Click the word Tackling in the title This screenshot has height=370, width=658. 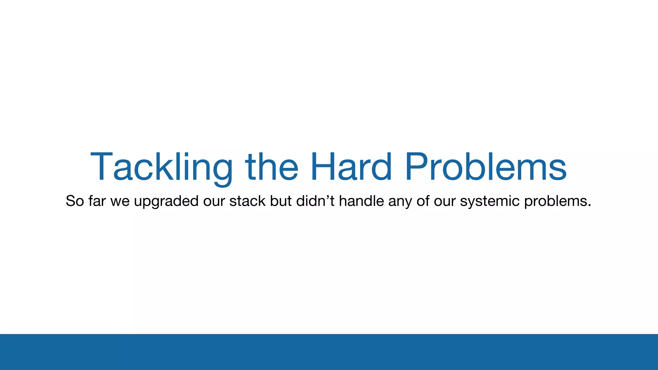(x=161, y=167)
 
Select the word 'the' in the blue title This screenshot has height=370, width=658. (x=272, y=167)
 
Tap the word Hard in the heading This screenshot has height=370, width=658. (x=351, y=167)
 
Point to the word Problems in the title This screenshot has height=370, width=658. (x=485, y=167)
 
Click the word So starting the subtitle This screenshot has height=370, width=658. (x=75, y=201)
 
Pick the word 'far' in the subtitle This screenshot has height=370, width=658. (x=97, y=201)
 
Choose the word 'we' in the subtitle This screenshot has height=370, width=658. (x=120, y=201)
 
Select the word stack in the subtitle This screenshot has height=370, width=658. (x=247, y=201)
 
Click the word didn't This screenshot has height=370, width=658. (x=315, y=201)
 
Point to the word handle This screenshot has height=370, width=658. (x=361, y=201)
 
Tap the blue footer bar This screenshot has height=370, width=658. (x=329, y=352)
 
